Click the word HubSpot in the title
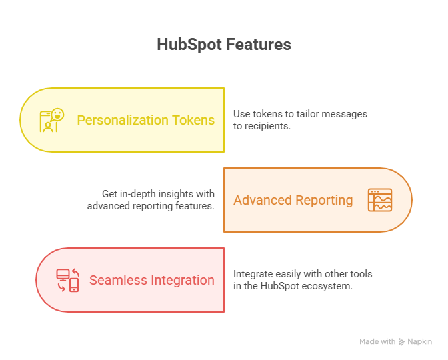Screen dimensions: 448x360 point(189,45)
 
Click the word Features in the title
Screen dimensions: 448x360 point(259,45)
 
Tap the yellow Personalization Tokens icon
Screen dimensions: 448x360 point(52,120)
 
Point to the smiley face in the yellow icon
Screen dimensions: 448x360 point(58,115)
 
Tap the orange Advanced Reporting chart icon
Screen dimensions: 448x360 point(380,200)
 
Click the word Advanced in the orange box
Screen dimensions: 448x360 point(263,200)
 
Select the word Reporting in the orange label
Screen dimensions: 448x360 point(324,201)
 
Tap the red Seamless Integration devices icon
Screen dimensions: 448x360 point(68,280)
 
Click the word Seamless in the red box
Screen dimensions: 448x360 point(118,280)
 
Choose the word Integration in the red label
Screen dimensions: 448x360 point(183,281)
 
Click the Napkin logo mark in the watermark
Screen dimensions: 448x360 point(402,342)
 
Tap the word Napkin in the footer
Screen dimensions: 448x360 point(420,342)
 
